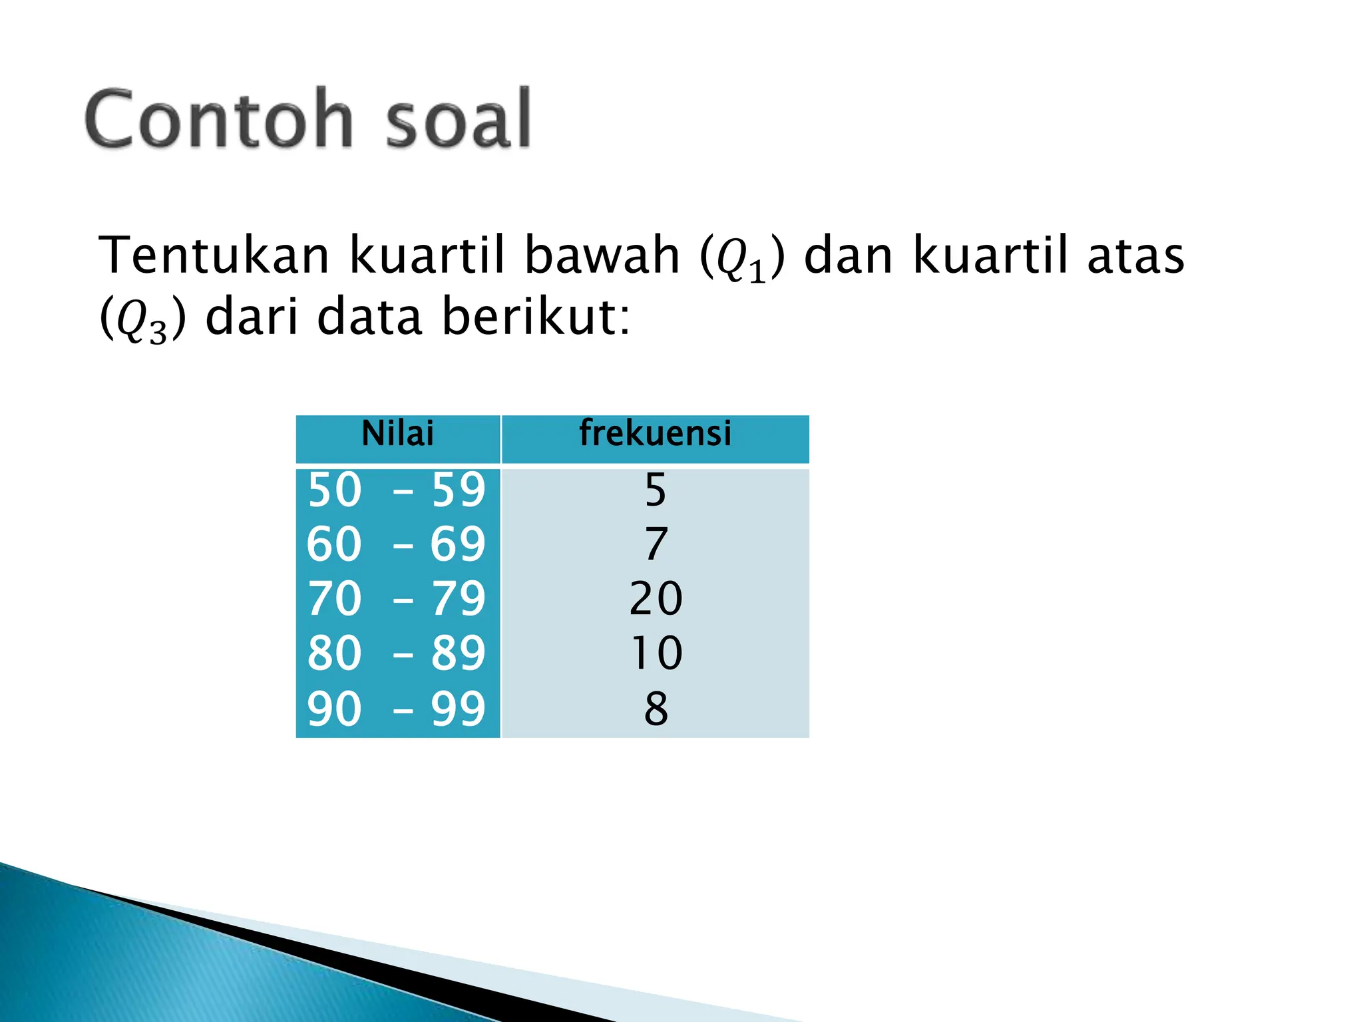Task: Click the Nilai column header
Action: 397,434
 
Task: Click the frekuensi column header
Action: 655,434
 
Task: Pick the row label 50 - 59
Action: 397,491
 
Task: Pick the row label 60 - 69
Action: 397,545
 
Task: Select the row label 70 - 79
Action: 397,599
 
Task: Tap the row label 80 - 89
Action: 397,653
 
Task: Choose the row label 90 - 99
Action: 397,709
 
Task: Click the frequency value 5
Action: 656,491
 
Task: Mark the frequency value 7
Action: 656,545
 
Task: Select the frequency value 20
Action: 656,599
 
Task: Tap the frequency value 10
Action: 656,653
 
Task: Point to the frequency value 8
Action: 656,709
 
